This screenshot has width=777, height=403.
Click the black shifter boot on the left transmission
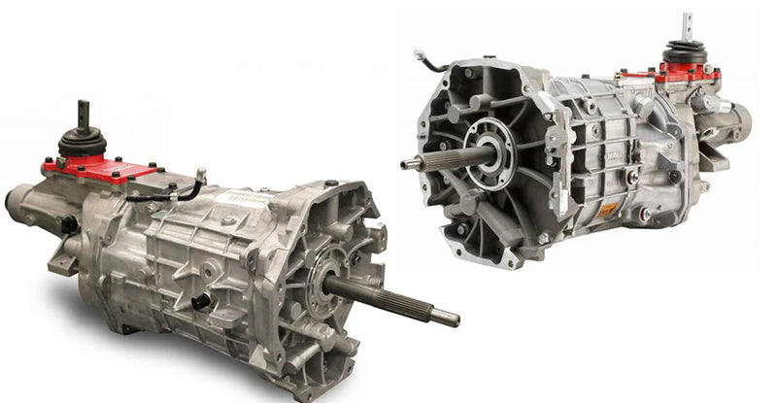pyautogui.click(x=83, y=144)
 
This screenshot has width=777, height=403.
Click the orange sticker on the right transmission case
pyautogui.click(x=607, y=209)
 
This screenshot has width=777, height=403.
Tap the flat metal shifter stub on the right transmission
pyautogui.click(x=687, y=26)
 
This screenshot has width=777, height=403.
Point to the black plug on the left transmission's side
pyautogui.click(x=201, y=301)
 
